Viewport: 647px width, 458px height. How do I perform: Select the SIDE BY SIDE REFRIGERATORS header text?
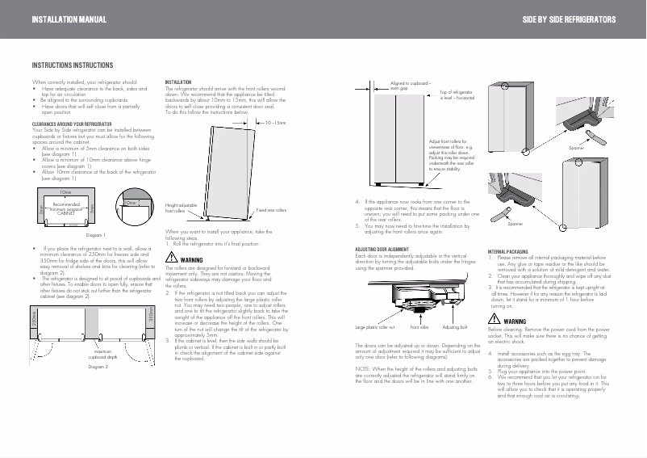coord(570,19)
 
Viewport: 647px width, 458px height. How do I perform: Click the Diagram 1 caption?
coord(96,234)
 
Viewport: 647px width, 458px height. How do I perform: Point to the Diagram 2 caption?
coord(97,367)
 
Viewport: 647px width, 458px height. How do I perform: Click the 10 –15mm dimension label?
coord(276,124)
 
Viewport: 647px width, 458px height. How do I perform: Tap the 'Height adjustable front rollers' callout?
coord(181,208)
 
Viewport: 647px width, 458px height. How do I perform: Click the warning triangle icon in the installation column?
coord(170,258)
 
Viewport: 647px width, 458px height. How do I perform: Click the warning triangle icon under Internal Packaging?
coord(495,321)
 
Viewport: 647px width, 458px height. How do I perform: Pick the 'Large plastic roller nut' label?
coord(375,328)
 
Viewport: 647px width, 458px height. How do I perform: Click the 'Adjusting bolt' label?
coord(455,328)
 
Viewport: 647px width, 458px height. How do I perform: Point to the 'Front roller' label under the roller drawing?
coord(419,328)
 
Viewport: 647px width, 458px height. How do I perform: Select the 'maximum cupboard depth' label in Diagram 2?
coord(102,353)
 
